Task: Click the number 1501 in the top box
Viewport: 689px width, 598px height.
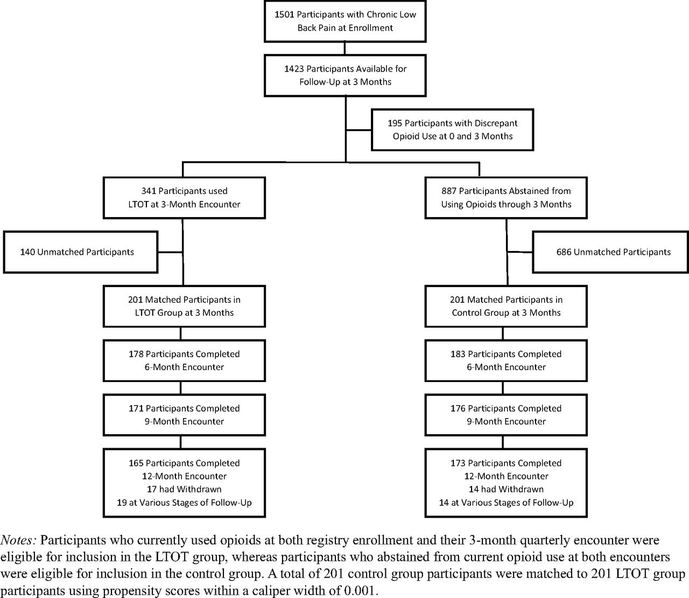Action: (284, 15)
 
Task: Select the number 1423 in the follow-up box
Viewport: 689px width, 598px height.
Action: (294, 69)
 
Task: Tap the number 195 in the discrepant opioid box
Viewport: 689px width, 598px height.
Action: (395, 123)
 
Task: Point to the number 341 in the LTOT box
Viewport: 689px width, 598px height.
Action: (149, 191)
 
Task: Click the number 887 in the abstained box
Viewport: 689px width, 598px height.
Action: (449, 191)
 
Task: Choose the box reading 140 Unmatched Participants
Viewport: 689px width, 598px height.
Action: (80, 252)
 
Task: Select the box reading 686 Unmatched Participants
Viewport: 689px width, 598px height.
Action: (610, 252)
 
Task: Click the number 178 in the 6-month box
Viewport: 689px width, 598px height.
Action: (136, 354)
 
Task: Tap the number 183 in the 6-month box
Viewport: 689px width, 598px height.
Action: (458, 354)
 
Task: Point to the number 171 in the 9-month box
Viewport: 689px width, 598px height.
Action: (136, 408)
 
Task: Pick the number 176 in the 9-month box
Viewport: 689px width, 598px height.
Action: (458, 408)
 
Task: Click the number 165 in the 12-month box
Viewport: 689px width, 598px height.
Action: (136, 463)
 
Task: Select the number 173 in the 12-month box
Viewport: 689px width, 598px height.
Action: (458, 463)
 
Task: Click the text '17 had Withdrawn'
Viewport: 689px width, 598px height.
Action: (184, 489)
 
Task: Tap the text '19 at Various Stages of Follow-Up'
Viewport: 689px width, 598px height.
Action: (184, 503)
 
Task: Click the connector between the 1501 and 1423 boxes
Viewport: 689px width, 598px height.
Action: (344, 48)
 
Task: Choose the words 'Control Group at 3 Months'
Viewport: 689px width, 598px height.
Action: (506, 313)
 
